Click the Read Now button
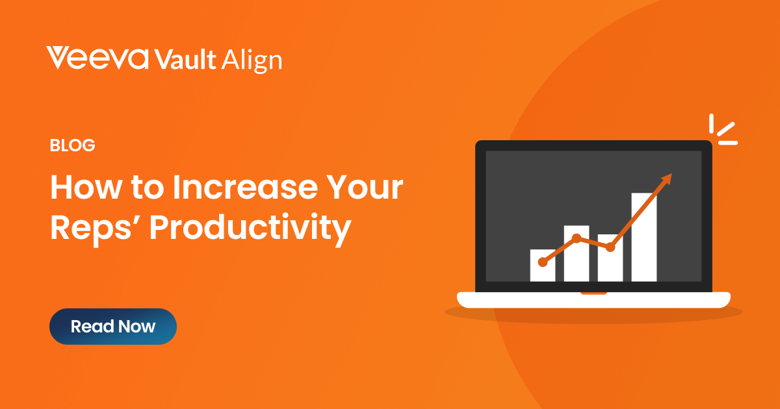tap(113, 326)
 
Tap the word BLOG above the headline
tap(72, 145)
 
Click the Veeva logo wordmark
tap(97, 58)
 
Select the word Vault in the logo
tap(185, 59)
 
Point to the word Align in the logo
tap(252, 61)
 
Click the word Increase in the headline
tap(245, 187)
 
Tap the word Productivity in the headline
tap(250, 229)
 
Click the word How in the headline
tap(86, 187)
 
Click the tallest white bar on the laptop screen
tap(644, 237)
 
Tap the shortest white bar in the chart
tap(543, 266)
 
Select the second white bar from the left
tap(577, 254)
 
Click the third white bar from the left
tap(610, 258)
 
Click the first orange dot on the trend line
tap(543, 262)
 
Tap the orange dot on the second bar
tap(577, 238)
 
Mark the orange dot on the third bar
tap(610, 247)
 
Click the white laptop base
tap(593, 300)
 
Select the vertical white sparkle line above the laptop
tap(711, 123)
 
